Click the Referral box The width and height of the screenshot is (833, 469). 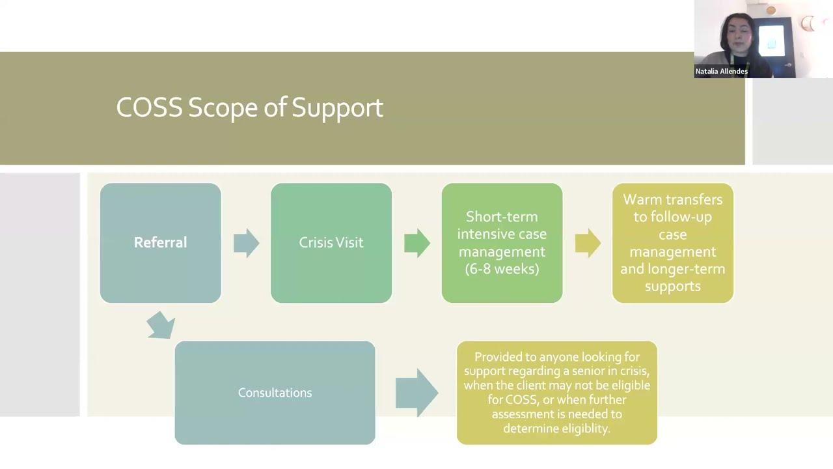pyautogui.click(x=160, y=243)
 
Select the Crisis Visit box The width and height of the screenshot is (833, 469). pyautogui.click(x=331, y=243)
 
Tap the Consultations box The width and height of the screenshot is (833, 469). pyautogui.click(x=275, y=393)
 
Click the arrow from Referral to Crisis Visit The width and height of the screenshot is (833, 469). pyautogui.click(x=247, y=243)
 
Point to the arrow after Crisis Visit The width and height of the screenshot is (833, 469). pyautogui.click(x=417, y=243)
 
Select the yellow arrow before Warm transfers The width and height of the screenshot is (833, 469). pyautogui.click(x=588, y=243)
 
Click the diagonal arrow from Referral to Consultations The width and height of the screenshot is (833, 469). pyautogui.click(x=161, y=324)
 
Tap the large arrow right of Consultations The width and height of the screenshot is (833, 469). pyautogui.click(x=417, y=392)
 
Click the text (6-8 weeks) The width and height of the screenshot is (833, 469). pyautogui.click(x=502, y=269)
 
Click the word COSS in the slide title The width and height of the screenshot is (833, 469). pyautogui.click(x=149, y=107)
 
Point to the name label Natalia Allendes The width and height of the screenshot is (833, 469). pyautogui.click(x=721, y=72)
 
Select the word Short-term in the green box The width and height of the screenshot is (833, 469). pyautogui.click(x=502, y=217)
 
